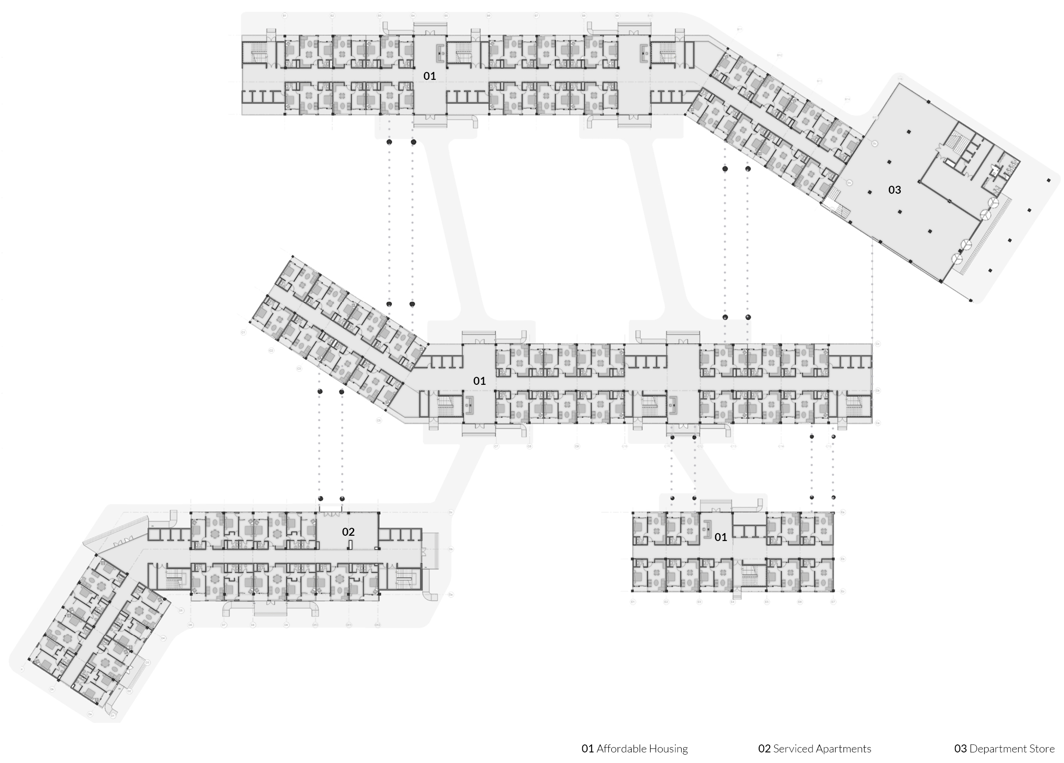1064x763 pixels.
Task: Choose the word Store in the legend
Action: pyautogui.click(x=1043, y=748)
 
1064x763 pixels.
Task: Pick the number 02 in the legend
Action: pyautogui.click(x=764, y=748)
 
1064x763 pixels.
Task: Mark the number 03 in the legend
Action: pyautogui.click(x=960, y=748)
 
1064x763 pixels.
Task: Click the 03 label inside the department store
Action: pyautogui.click(x=894, y=190)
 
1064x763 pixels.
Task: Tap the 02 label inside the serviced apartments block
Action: pyautogui.click(x=348, y=532)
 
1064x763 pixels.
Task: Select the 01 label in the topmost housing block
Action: pyautogui.click(x=429, y=76)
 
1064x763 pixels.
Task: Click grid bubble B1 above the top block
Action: pyautogui.click(x=284, y=16)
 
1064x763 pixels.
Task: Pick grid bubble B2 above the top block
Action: pyautogui.click(x=332, y=16)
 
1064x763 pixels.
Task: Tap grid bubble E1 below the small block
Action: pyautogui.click(x=633, y=601)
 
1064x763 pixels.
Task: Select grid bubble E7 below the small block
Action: pyautogui.click(x=833, y=601)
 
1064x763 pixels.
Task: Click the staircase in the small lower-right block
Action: pyautogui.click(x=749, y=576)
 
